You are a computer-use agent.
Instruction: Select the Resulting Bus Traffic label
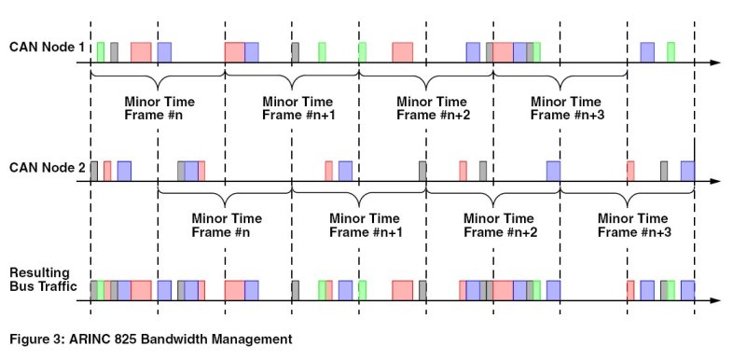(x=43, y=279)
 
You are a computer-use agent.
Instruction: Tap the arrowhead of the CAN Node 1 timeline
(x=715, y=62)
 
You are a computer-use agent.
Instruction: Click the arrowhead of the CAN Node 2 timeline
(x=715, y=182)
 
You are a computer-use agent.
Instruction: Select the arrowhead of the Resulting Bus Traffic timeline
(x=715, y=300)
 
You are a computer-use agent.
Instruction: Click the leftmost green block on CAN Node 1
(x=101, y=52)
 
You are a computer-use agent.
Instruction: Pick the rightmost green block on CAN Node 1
(x=671, y=52)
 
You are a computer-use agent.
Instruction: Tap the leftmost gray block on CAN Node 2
(x=94, y=171)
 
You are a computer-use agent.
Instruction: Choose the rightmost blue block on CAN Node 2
(x=687, y=171)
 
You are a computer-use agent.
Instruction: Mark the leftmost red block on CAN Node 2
(x=107, y=171)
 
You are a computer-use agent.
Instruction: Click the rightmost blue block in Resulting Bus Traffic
(x=687, y=290)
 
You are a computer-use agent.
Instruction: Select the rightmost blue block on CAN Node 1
(x=647, y=52)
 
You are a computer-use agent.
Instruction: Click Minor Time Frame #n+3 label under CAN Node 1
(x=567, y=108)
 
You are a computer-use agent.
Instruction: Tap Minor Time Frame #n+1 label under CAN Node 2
(x=366, y=225)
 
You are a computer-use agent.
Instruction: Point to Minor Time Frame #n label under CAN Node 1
(x=159, y=108)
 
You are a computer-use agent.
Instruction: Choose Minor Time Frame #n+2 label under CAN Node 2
(x=500, y=225)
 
